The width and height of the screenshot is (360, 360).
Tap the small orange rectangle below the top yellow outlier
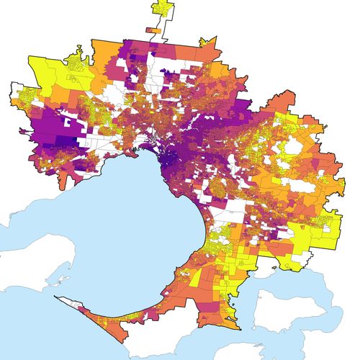pyautogui.click(x=153, y=30)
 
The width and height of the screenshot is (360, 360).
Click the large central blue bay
pyautogui.click(x=137, y=216)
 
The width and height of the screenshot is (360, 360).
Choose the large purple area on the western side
pyautogui.click(x=50, y=133)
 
